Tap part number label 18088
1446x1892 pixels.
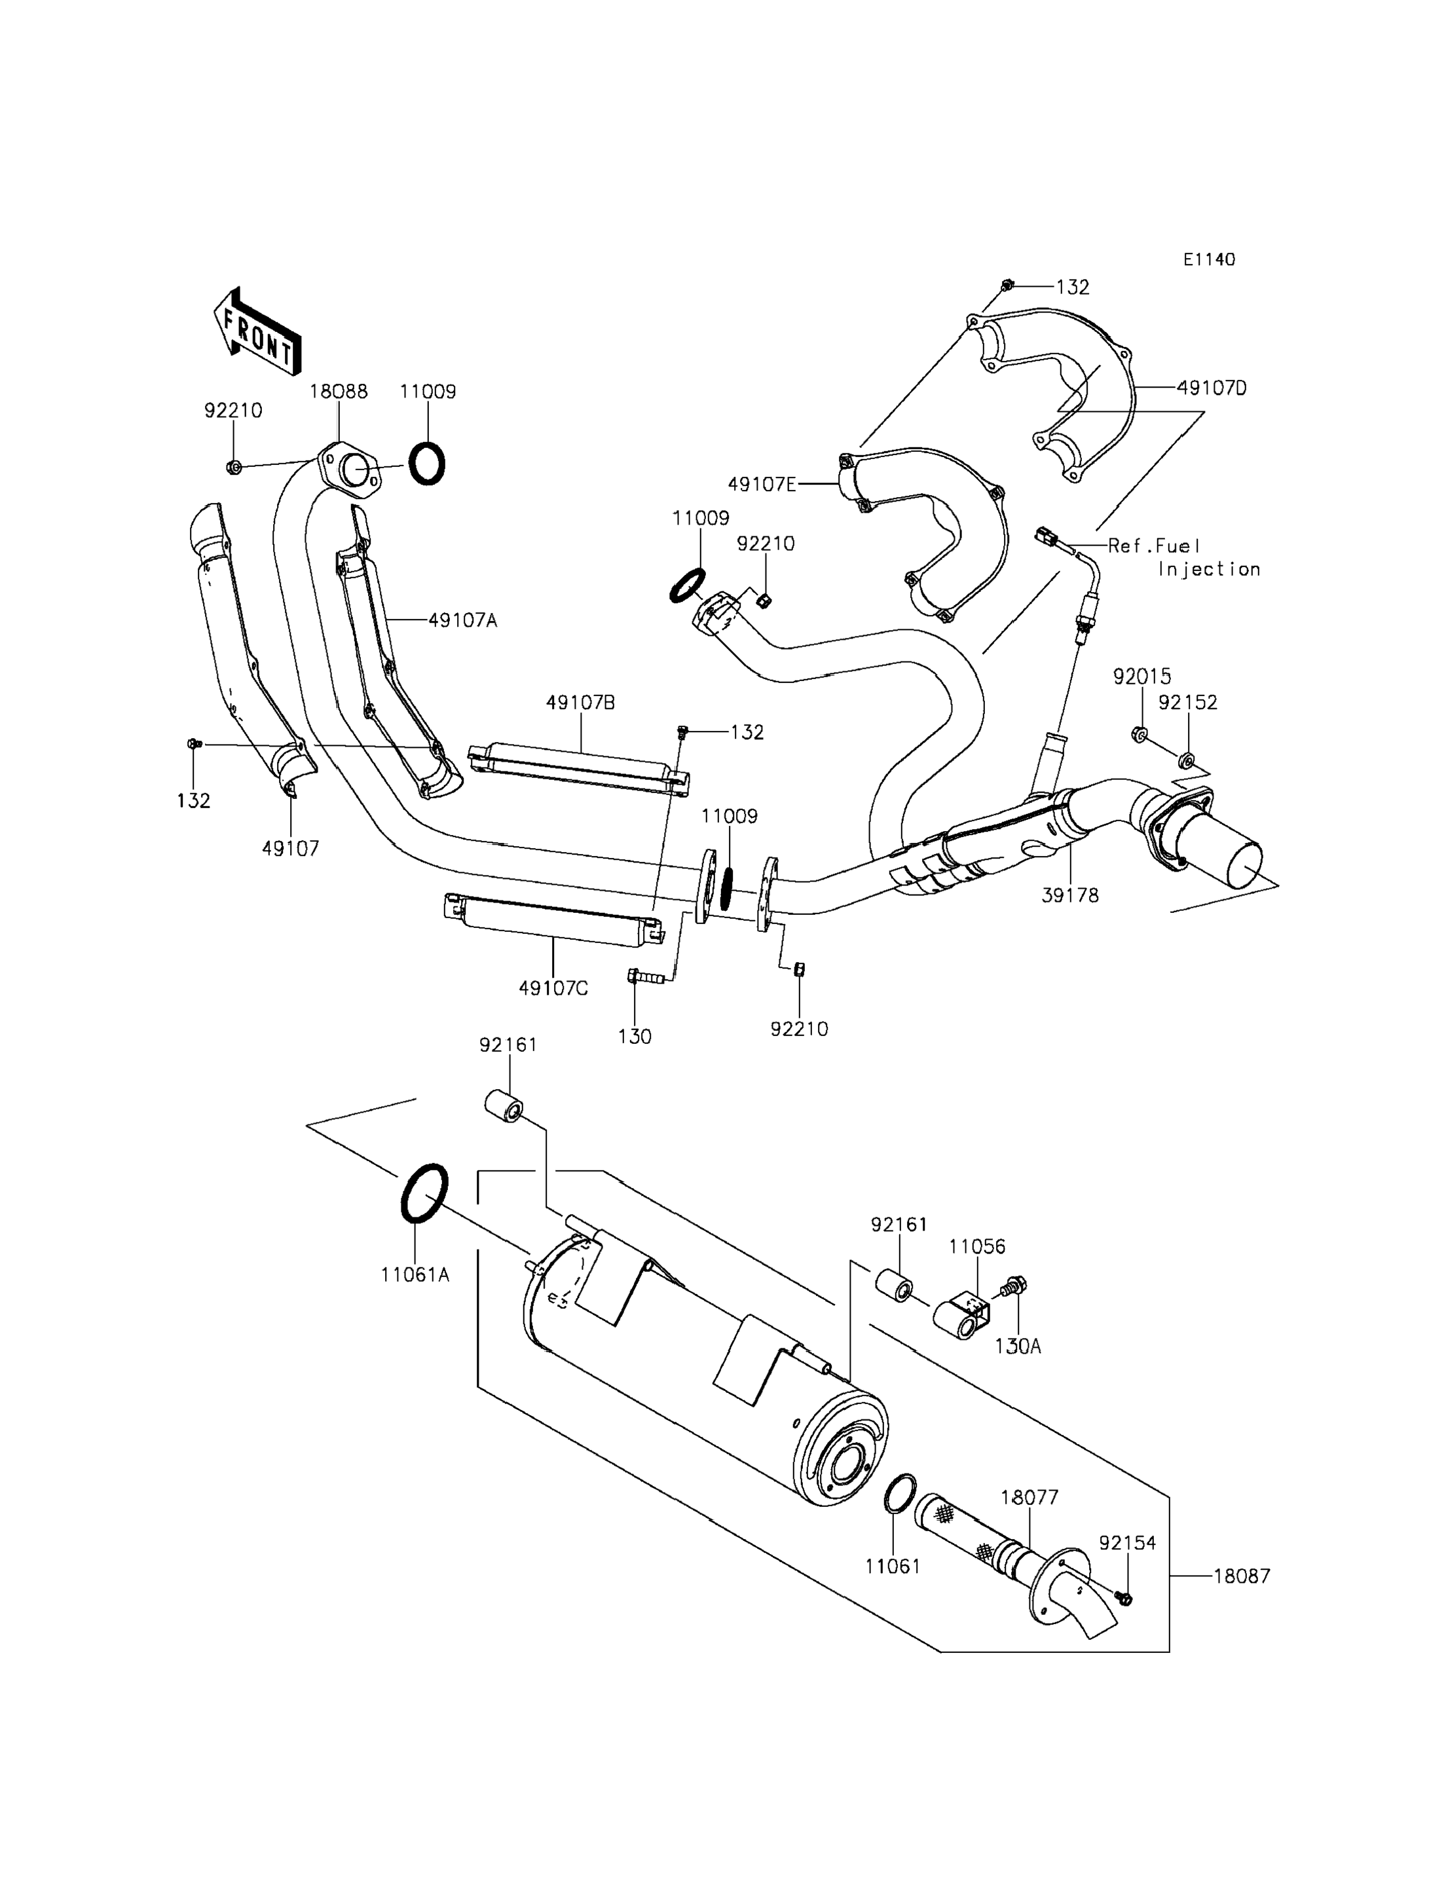(x=339, y=392)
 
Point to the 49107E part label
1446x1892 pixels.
(x=762, y=485)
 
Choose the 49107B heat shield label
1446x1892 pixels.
(x=580, y=703)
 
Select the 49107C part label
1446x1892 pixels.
(x=553, y=988)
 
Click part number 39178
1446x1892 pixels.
(x=1070, y=895)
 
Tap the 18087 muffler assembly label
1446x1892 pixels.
(x=1242, y=1576)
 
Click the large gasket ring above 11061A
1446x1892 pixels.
(x=424, y=1193)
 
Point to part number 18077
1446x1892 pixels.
(x=1029, y=1497)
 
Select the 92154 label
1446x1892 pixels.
(x=1128, y=1544)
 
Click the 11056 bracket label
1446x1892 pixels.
(x=977, y=1246)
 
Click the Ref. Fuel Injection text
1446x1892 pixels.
(x=1183, y=557)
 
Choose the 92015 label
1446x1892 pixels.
(x=1142, y=677)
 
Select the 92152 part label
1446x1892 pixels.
(x=1188, y=703)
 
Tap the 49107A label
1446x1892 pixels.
(x=462, y=620)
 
